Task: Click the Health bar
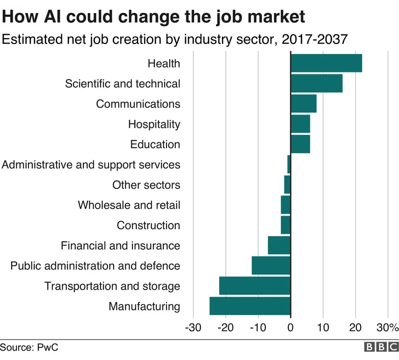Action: [x=326, y=63]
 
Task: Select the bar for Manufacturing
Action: [x=250, y=306]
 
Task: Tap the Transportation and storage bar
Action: [x=255, y=286]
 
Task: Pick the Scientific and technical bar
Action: [x=316, y=83]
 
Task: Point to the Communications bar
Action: [x=303, y=103]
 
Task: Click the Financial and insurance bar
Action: [x=279, y=245]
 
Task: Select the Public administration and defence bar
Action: [x=271, y=266]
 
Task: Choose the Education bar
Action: [x=300, y=144]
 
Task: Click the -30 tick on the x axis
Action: [x=193, y=328]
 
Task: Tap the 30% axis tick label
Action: [x=387, y=328]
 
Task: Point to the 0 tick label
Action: [x=290, y=328]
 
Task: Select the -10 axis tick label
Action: [x=258, y=328]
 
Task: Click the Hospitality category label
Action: [x=154, y=124]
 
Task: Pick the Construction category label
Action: [x=148, y=225]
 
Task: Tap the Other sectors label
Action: [x=146, y=185]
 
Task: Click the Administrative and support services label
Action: [x=91, y=164]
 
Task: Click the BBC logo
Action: [x=381, y=347]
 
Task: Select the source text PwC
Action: [x=47, y=348]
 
